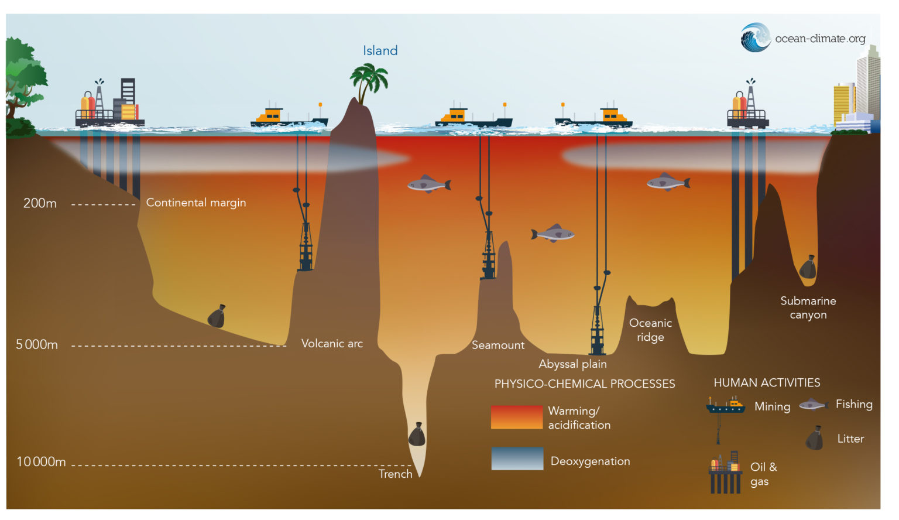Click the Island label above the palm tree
point(380,51)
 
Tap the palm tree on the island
point(369,82)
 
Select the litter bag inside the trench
point(417,435)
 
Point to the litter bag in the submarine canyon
point(808,268)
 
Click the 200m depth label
point(40,203)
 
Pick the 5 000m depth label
point(37,344)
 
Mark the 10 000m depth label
point(41,461)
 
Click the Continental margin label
point(196,203)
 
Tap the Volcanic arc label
point(332,344)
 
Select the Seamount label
point(498,345)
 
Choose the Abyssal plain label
point(572,364)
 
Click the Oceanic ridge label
point(650,330)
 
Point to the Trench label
point(395,474)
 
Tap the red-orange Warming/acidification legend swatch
point(516,417)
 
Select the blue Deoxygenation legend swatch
point(517,459)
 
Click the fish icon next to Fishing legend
point(813,405)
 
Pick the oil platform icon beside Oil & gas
point(725,473)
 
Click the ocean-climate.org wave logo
point(756,37)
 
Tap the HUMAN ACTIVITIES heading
point(767,383)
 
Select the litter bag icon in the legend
point(814,438)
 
